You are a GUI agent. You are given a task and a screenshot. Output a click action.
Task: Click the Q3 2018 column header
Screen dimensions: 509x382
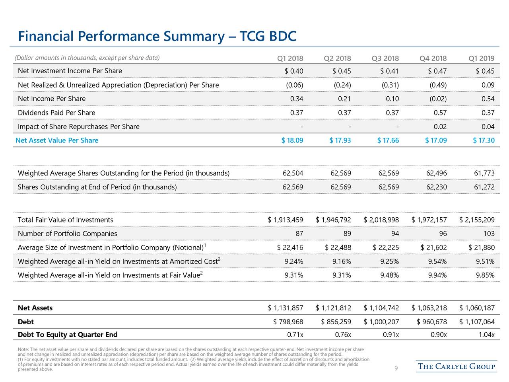click(385, 58)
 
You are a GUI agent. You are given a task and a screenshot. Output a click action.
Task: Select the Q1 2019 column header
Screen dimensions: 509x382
click(482, 58)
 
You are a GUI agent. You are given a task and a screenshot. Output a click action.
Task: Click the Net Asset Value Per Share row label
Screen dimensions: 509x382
click(57, 140)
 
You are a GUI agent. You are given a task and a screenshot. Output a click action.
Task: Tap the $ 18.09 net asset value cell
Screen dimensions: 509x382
click(292, 140)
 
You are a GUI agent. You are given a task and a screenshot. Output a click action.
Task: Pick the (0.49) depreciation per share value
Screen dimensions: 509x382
click(438, 85)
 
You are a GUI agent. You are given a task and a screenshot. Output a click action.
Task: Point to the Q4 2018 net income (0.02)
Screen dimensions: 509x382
click(438, 99)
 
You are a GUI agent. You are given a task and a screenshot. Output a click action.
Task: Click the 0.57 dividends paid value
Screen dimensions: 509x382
click(440, 113)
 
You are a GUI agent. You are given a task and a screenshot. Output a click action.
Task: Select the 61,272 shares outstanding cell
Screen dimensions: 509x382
click(484, 187)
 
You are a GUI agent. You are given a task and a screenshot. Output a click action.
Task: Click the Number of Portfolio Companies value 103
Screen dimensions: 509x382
click(489, 234)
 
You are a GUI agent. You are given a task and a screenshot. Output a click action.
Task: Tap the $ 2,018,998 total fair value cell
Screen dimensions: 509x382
click(381, 220)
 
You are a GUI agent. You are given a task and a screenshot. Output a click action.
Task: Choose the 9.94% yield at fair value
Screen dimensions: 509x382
click(437, 275)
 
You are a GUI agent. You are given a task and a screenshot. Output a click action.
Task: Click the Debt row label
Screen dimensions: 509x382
click(26, 322)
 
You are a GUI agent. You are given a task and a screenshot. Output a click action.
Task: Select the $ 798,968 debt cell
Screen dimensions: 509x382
click(288, 322)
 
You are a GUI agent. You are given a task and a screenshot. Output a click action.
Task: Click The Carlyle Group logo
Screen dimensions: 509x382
click(457, 366)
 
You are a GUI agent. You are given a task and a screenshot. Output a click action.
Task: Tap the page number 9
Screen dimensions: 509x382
click(396, 368)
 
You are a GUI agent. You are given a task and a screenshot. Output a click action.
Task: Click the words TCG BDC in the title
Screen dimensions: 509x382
click(268, 36)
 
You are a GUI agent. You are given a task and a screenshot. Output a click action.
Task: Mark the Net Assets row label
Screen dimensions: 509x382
click(35, 308)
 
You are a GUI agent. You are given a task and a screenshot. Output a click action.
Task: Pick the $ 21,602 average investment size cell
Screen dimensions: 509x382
click(433, 248)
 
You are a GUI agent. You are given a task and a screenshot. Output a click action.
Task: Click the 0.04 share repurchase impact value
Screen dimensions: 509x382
click(488, 127)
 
